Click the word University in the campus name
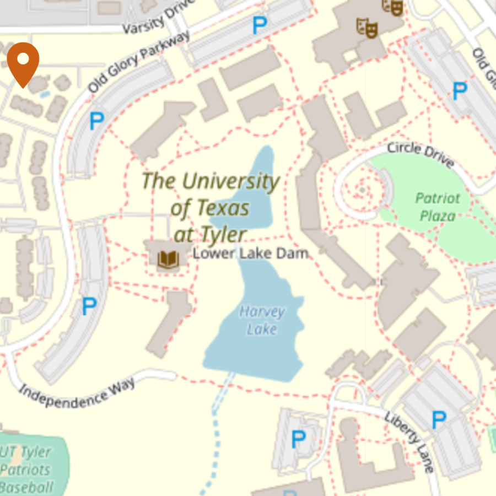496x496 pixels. [x=231, y=181]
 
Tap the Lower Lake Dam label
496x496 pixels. [x=250, y=254]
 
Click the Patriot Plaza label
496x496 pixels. [x=438, y=206]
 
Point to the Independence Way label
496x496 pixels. [x=77, y=392]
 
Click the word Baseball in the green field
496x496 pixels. [x=26, y=487]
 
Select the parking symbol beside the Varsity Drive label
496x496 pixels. [x=259, y=25]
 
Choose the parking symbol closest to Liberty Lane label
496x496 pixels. [x=439, y=420]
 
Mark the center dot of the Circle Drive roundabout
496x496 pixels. [x=362, y=190]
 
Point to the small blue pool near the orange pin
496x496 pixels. [x=46, y=94]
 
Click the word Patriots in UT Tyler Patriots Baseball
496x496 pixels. [x=25, y=470]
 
